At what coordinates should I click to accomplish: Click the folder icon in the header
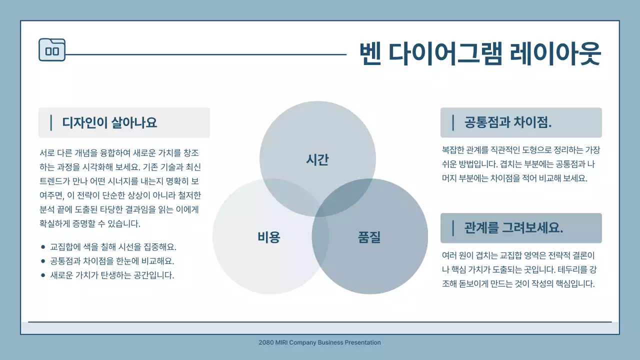coord(52,50)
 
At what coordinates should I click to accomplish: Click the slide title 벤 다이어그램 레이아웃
coord(479,53)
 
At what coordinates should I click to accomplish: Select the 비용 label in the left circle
coord(269,237)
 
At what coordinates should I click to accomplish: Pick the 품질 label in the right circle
coord(369,237)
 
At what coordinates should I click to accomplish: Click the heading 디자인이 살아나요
coord(109,122)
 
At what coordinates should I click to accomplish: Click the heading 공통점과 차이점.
coord(508,122)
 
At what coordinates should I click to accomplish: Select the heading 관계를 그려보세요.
coord(513,228)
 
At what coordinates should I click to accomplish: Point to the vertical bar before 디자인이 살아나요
coord(51,122)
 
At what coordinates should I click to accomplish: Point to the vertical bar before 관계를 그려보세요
coord(453,228)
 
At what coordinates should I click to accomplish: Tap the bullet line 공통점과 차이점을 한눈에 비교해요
coord(112,261)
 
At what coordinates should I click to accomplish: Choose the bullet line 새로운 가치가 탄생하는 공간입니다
coord(112,275)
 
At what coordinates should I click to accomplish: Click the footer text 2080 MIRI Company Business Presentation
coord(320,342)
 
